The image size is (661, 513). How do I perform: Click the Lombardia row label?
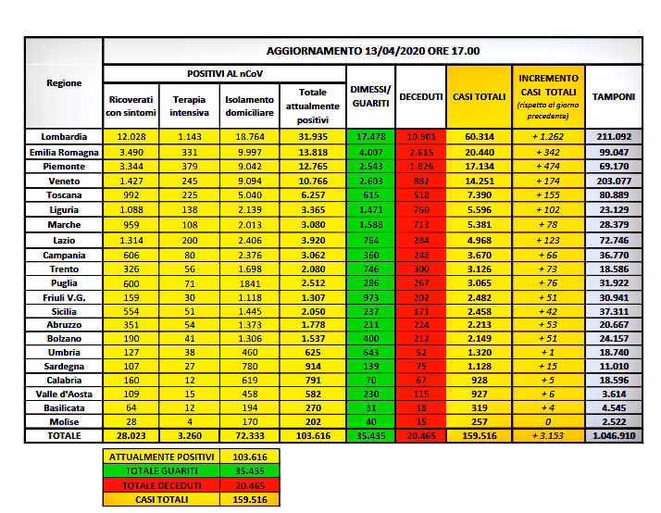(64, 137)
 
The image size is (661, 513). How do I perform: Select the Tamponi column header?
(614, 96)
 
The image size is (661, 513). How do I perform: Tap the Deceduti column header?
(419, 96)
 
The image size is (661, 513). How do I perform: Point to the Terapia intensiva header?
(189, 106)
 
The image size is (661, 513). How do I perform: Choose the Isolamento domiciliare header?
(249, 106)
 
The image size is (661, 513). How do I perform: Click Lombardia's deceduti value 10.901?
(419, 137)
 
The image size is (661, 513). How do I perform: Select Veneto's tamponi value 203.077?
(614, 181)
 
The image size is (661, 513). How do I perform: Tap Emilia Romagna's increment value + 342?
(548, 152)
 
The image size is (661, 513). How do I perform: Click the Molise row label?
(64, 420)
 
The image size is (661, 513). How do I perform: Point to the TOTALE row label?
(64, 435)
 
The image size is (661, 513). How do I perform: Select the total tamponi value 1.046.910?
(614, 435)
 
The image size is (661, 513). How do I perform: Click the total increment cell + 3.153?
(548, 435)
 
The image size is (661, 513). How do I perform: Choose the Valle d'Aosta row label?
(64, 391)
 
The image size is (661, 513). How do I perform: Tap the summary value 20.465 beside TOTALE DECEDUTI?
(247, 485)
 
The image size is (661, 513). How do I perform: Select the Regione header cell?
(64, 83)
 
